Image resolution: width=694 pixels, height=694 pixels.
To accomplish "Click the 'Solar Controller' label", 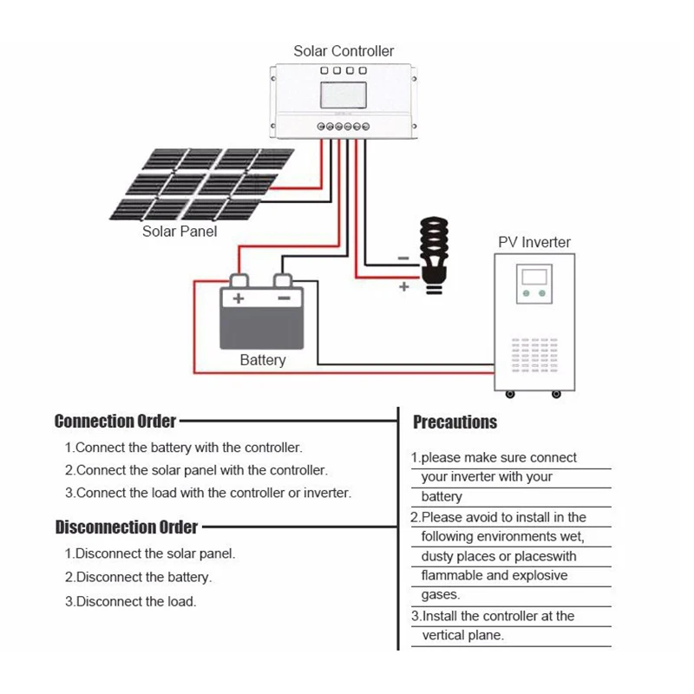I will tap(344, 51).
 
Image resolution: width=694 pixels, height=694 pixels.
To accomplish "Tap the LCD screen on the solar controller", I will tap(344, 95).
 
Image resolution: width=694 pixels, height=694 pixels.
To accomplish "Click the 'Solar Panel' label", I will tap(180, 232).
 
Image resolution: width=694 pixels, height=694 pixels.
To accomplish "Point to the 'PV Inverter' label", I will tap(534, 243).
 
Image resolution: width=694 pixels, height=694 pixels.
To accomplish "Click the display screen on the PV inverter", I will tap(532, 278).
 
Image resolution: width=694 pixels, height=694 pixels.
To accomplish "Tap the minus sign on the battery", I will tap(283, 298).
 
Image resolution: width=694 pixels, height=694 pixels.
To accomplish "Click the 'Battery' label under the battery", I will tap(262, 360).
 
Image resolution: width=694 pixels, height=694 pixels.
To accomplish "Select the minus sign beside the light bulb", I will tap(403, 258).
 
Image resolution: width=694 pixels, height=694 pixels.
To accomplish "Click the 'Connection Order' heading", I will tap(115, 422).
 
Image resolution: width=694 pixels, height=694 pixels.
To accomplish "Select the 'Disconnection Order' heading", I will tap(126, 527).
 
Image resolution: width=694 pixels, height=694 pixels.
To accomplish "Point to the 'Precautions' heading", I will tap(455, 422).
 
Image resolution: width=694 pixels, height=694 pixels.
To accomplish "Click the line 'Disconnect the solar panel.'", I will tap(150, 553).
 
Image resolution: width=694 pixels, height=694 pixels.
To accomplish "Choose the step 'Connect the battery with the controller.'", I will tap(184, 448).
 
